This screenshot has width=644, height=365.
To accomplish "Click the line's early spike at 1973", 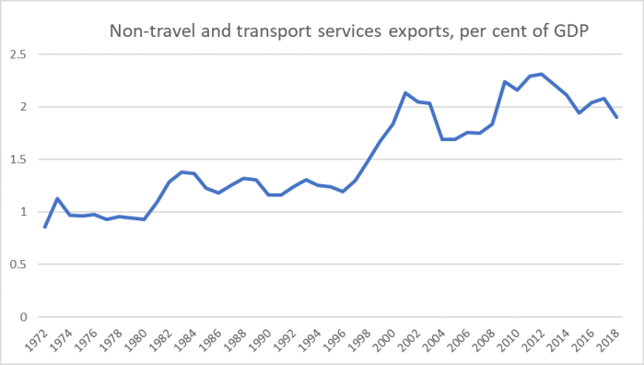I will pyautogui.click(x=58, y=198).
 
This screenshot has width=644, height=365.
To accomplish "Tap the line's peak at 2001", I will pyautogui.click(x=405, y=92).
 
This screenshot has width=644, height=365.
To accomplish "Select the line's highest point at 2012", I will pyautogui.click(x=543, y=74).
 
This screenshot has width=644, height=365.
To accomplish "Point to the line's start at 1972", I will pyautogui.click(x=45, y=227).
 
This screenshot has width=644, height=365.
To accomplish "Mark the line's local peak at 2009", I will pyautogui.click(x=505, y=81).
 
